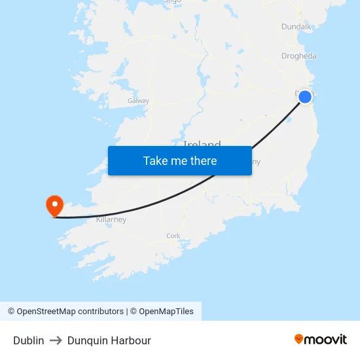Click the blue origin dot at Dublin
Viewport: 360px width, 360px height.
[305, 97]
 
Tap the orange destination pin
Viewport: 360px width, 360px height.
[54, 206]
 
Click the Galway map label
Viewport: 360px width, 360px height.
[138, 101]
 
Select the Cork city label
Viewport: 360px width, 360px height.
[173, 236]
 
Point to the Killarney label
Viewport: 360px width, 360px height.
[111, 220]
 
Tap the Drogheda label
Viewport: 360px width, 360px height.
[298, 56]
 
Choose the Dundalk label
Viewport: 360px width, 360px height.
[297, 26]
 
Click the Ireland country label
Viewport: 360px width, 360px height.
[202, 144]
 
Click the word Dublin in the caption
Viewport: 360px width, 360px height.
[29, 340]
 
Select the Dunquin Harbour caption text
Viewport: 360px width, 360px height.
[109, 340]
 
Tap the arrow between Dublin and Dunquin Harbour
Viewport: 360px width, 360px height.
[56, 340]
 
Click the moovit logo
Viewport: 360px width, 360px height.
[320, 339]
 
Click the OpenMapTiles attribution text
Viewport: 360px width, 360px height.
[166, 312]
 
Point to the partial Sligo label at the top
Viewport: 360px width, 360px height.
[172, 2]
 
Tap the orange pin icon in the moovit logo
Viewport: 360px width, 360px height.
[299, 339]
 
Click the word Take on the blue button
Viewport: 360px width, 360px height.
[156, 160]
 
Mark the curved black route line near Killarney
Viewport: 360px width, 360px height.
[118, 214]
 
